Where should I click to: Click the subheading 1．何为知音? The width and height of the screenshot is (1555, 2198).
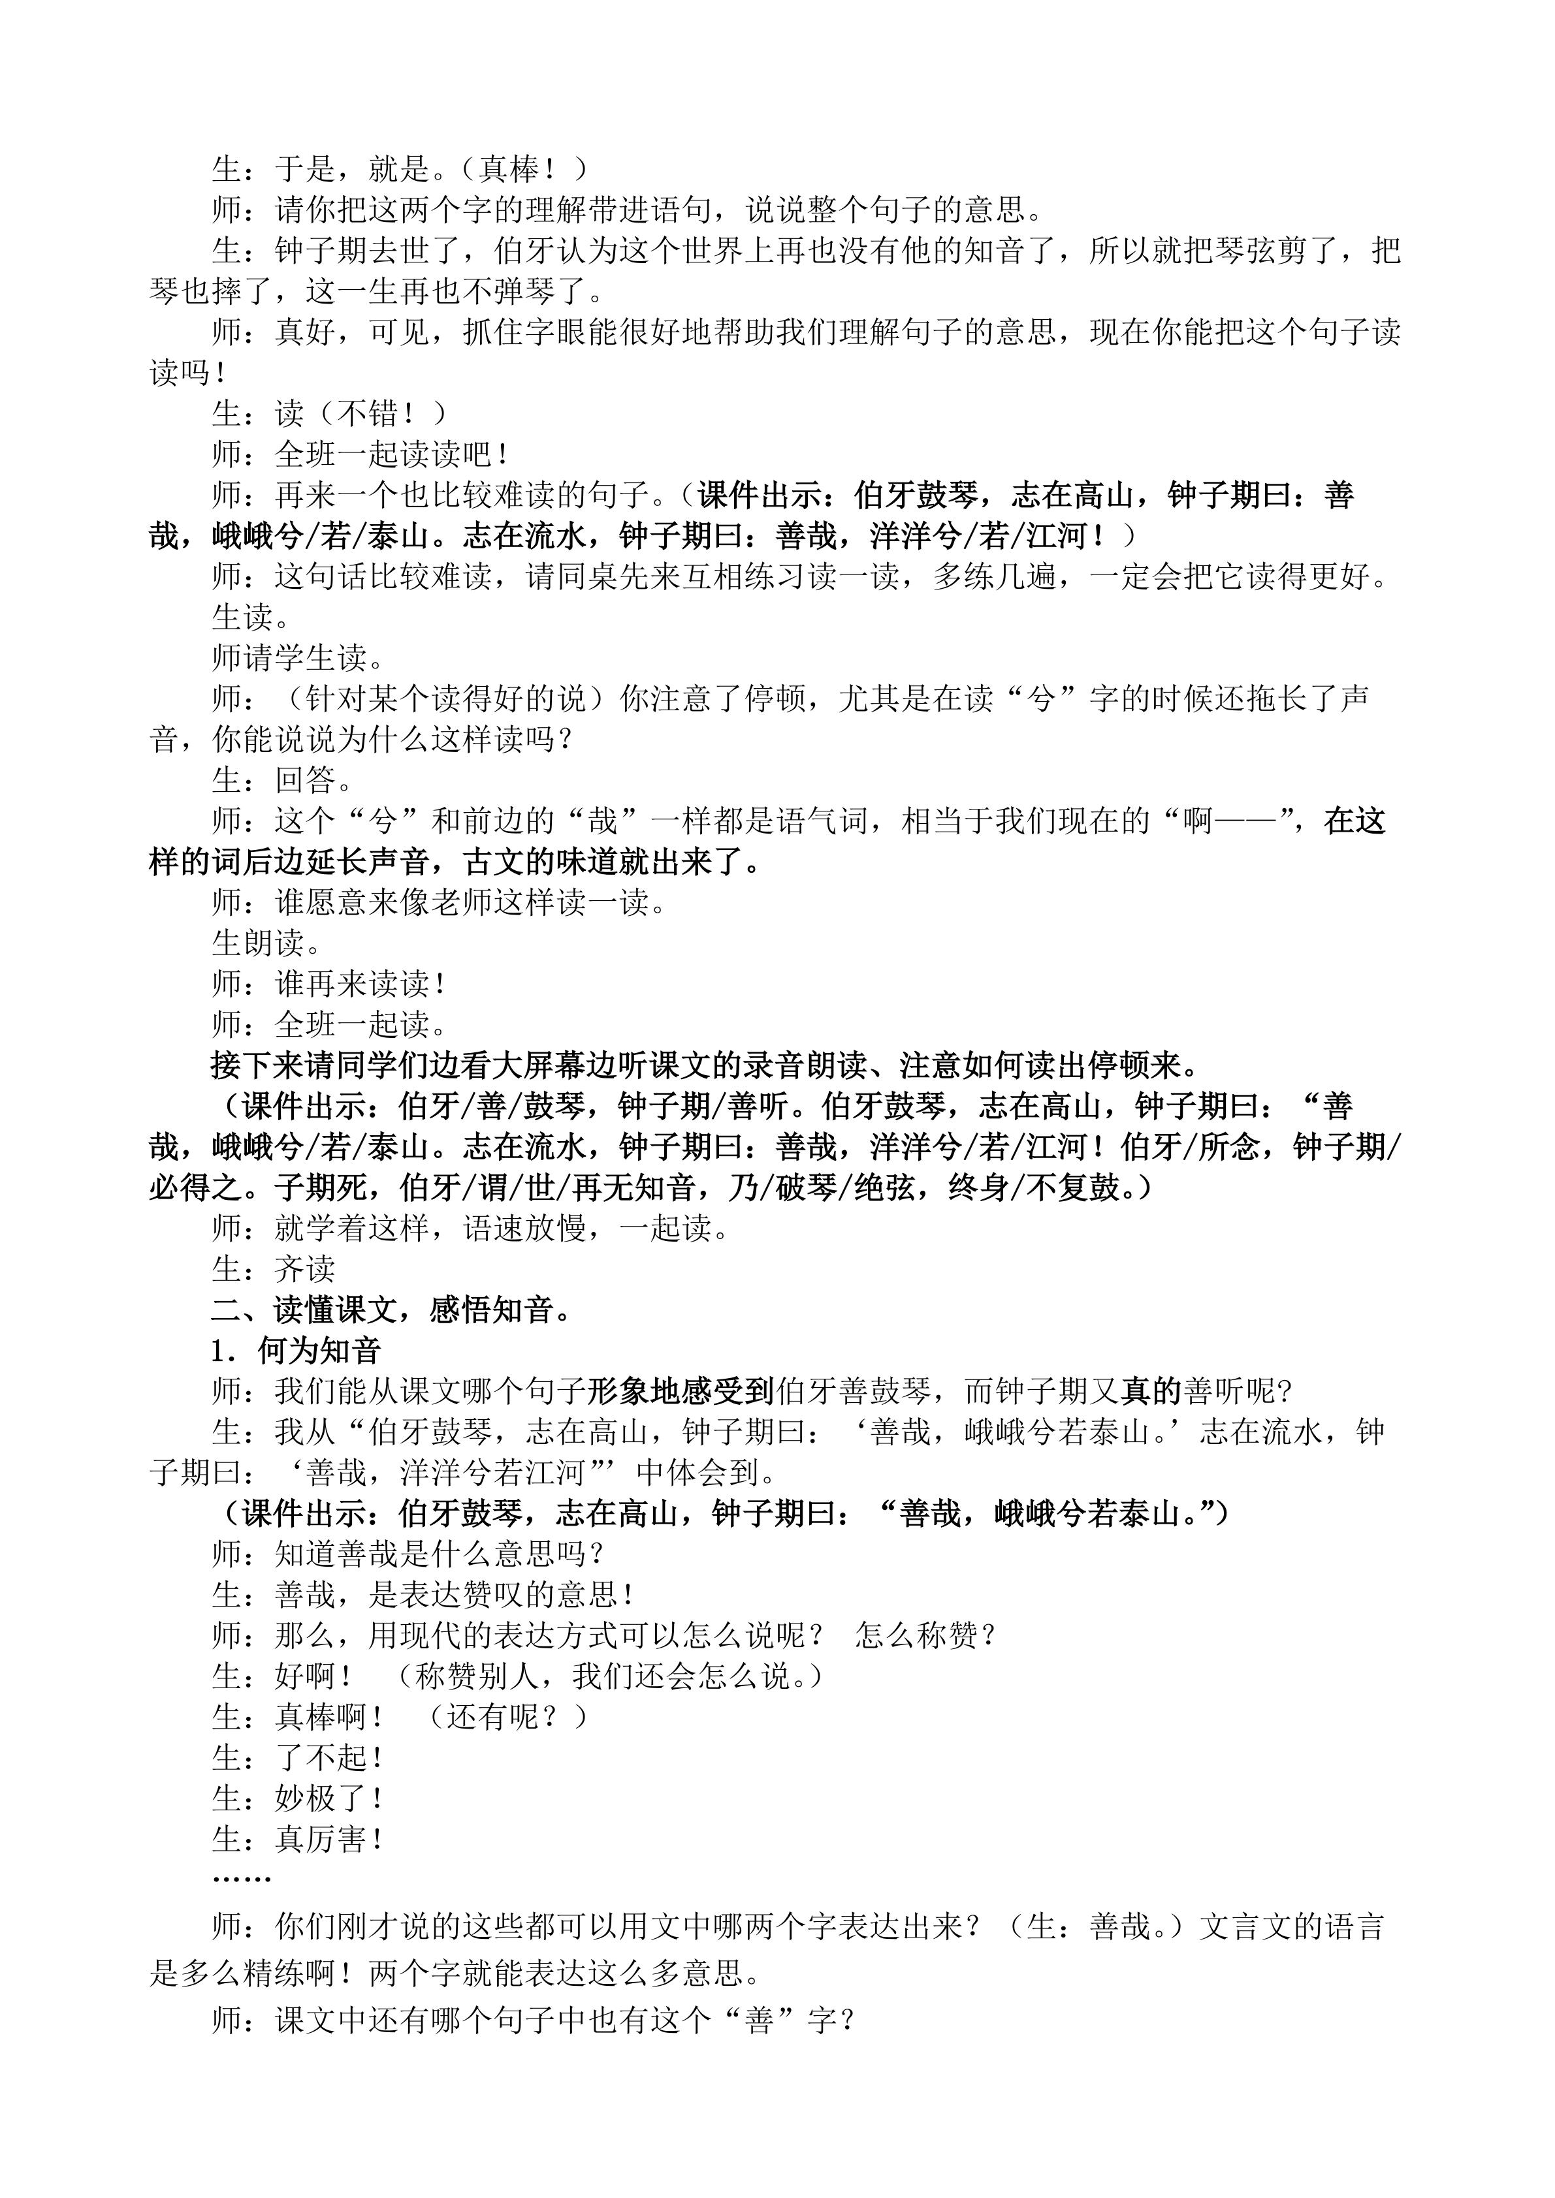coord(296,1351)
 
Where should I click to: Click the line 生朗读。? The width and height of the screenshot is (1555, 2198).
coord(266,943)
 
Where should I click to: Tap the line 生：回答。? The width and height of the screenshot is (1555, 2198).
coord(273,780)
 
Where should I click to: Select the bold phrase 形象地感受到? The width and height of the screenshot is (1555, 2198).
coord(680,1391)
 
